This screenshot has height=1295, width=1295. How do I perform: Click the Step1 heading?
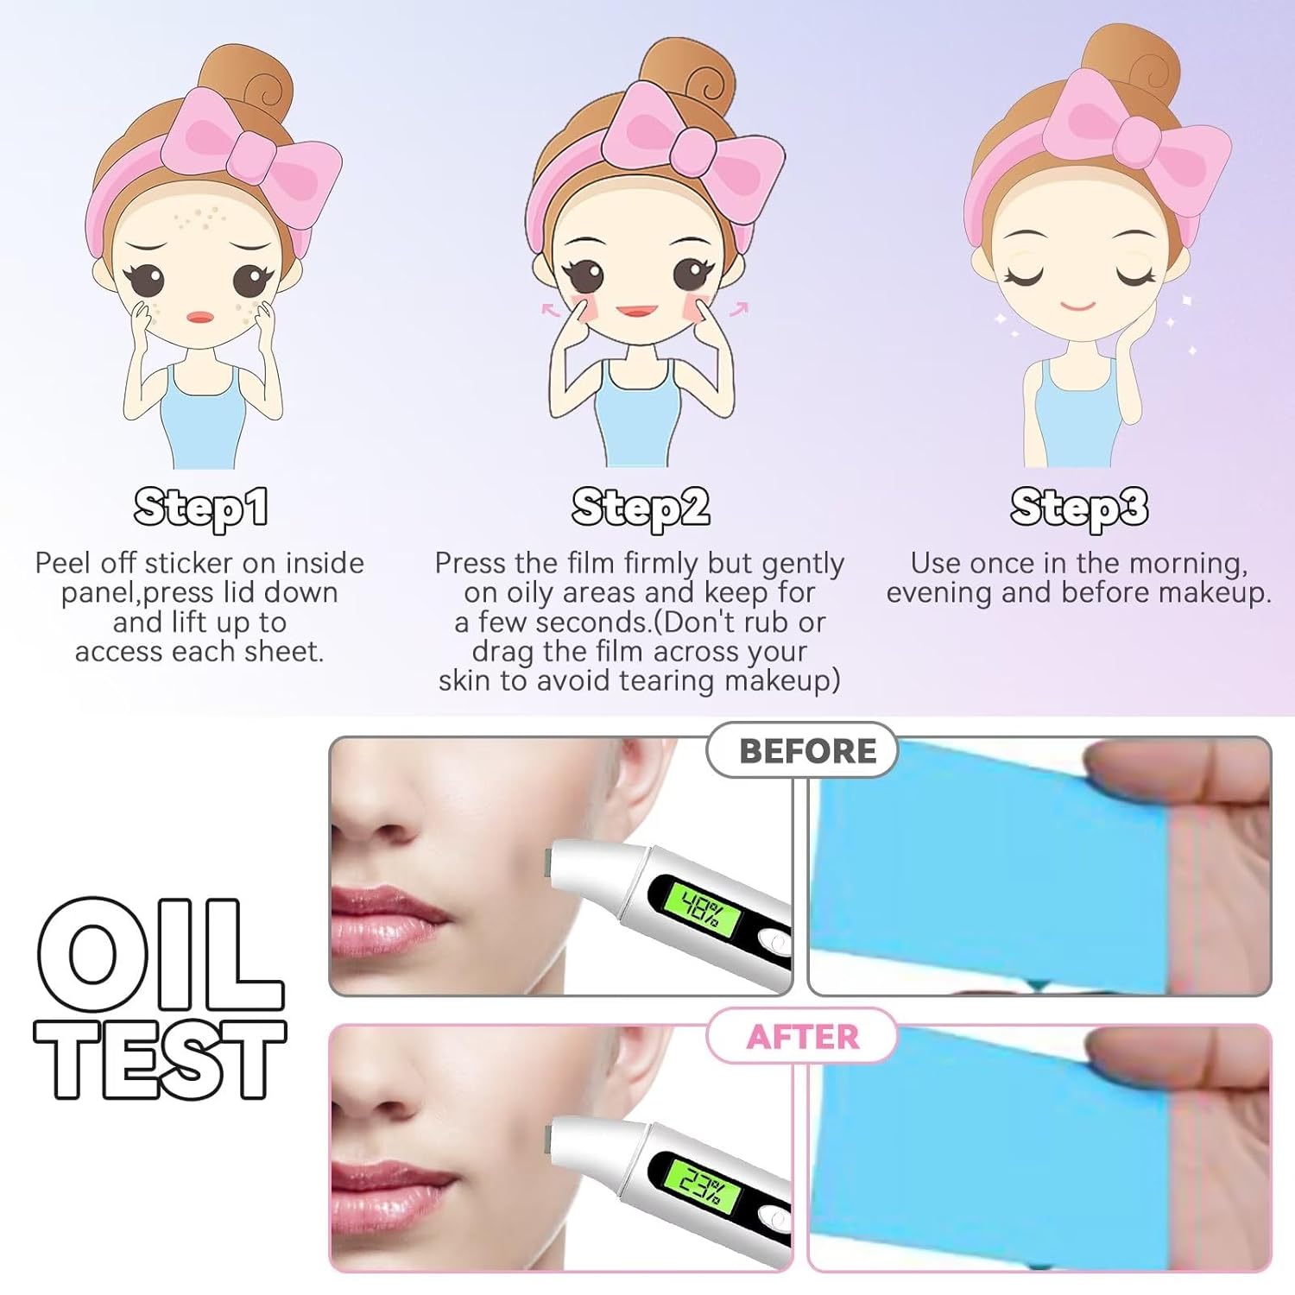(x=200, y=508)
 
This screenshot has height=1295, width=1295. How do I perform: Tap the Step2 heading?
(x=641, y=508)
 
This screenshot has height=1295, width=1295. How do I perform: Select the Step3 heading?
(x=1079, y=508)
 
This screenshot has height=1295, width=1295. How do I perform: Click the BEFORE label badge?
(x=803, y=750)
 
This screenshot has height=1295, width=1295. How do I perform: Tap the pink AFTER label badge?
(x=803, y=1036)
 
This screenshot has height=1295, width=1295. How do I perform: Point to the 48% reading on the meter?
(x=698, y=908)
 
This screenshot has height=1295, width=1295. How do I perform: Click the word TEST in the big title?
(x=160, y=1058)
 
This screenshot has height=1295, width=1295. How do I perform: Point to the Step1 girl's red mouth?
(x=200, y=317)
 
